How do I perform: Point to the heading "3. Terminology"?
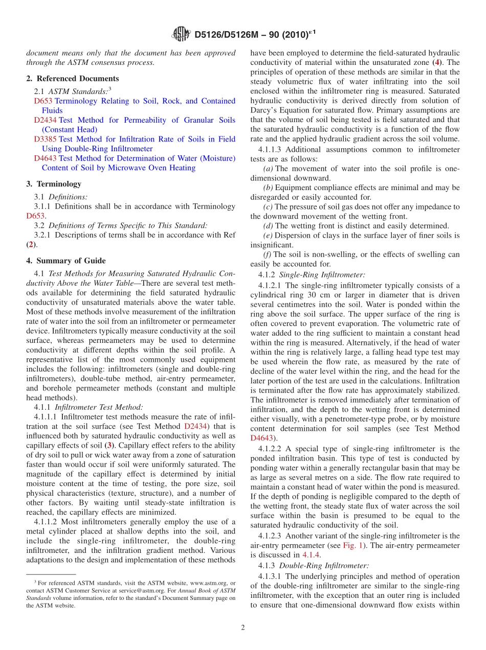[x=54, y=184]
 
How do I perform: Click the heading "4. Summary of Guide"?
[x=66, y=261]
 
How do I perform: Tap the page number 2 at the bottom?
[x=243, y=628]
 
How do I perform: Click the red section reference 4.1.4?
[x=311, y=555]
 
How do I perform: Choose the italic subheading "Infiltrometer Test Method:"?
[x=99, y=407]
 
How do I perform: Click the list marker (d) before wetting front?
[x=268, y=226]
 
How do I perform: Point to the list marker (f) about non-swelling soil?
[x=267, y=254]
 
